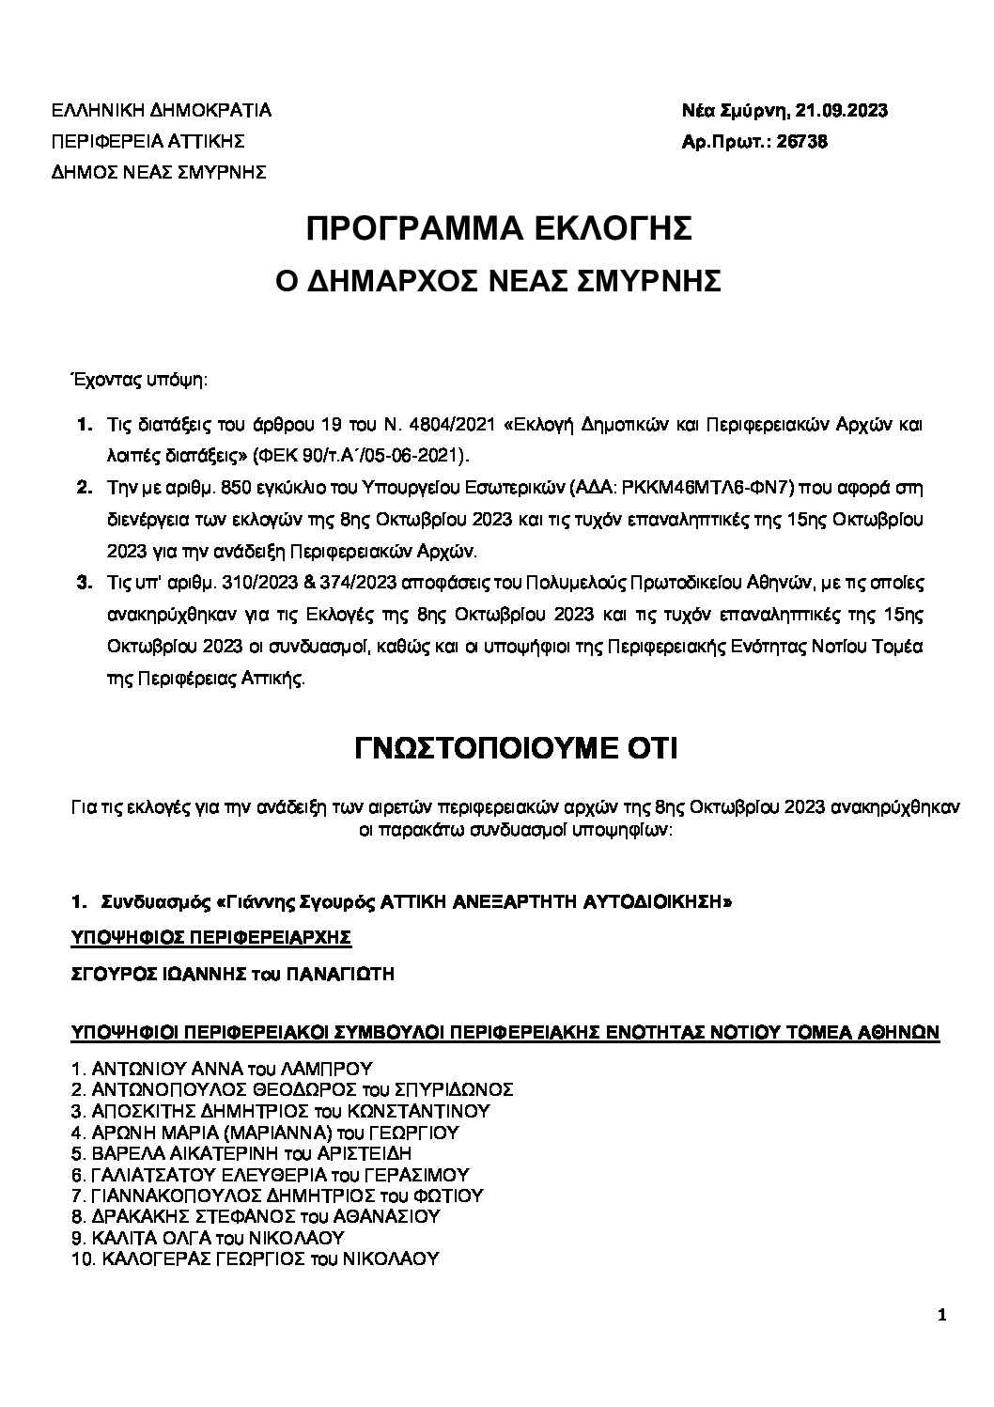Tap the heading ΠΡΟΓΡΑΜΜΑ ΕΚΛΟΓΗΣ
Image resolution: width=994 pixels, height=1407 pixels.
(500, 229)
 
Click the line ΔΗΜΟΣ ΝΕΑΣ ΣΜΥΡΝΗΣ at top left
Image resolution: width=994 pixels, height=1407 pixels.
(159, 172)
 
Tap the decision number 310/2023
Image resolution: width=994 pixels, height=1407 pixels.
(243, 583)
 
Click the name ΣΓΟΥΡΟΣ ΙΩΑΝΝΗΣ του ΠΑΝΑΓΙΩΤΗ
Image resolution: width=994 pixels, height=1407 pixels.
(233, 975)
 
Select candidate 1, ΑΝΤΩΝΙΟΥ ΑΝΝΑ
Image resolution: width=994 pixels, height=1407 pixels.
(222, 1069)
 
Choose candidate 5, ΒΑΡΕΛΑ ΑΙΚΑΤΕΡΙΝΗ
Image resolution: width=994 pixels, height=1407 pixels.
(241, 1153)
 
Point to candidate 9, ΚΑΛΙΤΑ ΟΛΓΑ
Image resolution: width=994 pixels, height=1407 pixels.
(208, 1238)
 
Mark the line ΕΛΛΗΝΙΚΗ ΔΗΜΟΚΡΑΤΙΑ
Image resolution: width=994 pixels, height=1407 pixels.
(162, 111)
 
